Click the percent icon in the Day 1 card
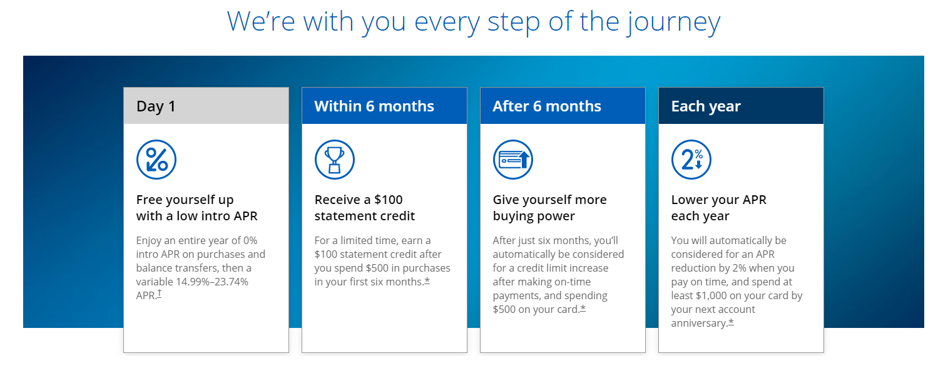tap(156, 160)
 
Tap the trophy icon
tap(335, 160)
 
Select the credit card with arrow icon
tap(512, 160)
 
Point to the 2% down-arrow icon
tap(691, 160)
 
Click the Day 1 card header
tap(206, 106)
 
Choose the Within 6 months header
tap(384, 106)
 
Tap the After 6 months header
tap(563, 106)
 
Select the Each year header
tap(741, 106)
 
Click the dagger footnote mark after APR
tap(160, 294)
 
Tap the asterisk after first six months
tap(427, 281)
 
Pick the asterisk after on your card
tap(583, 308)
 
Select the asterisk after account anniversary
tap(731, 322)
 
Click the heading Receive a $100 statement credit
tap(365, 208)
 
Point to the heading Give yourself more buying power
tap(549, 208)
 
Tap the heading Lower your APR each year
tap(718, 208)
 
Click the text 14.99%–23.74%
tap(212, 282)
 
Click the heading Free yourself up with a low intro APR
tap(196, 208)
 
